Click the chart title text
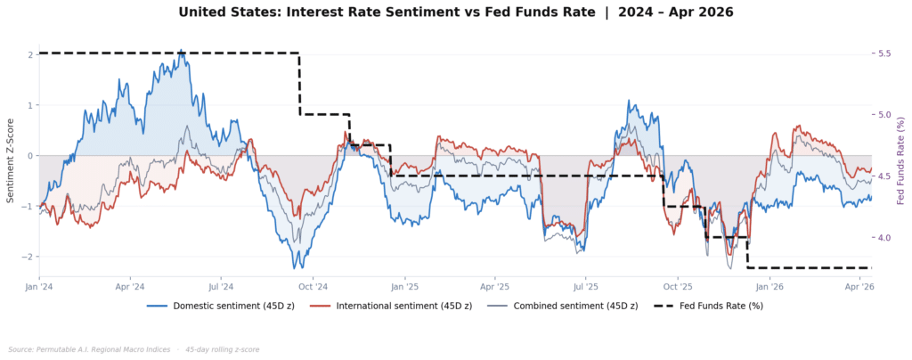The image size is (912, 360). (456, 12)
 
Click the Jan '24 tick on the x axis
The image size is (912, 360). (39, 287)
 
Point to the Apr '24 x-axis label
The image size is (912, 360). (131, 287)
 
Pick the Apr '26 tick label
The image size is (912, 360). (859, 287)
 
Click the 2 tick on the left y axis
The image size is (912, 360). (30, 54)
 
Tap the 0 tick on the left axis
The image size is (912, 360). (30, 156)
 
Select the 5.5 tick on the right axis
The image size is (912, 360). (884, 53)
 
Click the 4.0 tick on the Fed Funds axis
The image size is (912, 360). (884, 238)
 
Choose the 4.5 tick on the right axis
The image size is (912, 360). (884, 176)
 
